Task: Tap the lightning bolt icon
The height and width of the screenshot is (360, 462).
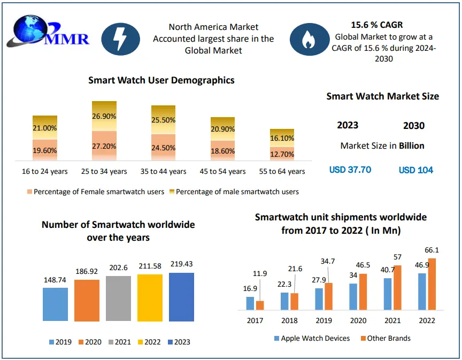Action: pos(120,39)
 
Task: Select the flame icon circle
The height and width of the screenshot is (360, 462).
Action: pos(309,39)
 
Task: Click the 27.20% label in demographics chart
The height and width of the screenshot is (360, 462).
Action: pos(104,145)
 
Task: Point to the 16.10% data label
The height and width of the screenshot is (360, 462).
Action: pos(282,138)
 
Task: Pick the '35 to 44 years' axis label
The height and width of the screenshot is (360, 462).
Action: pos(164,171)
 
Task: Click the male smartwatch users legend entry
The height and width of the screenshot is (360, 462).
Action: pos(234,192)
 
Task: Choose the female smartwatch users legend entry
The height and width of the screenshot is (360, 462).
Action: pos(95,192)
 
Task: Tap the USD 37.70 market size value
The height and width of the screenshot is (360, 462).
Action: pos(350,170)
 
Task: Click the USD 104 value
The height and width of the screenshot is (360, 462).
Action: pos(416,170)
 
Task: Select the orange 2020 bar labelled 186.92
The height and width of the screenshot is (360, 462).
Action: pos(87,300)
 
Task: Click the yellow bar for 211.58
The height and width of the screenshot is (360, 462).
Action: pos(150,297)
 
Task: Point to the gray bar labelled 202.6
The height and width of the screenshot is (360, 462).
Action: pos(118,298)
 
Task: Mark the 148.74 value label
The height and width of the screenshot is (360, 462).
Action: pos(55,280)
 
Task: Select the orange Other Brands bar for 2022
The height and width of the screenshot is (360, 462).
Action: pos(432,284)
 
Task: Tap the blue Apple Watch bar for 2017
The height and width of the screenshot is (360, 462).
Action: pos(250,303)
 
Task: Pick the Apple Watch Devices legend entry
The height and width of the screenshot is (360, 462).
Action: pos(312,338)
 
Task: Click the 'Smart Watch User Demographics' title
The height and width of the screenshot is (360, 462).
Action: pos(161,80)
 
